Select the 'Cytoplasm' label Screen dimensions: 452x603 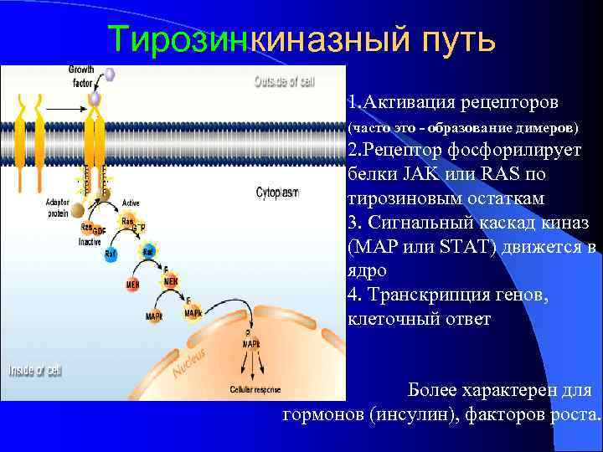276,193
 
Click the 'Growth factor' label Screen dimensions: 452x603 81,76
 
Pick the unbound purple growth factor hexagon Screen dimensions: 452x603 109,74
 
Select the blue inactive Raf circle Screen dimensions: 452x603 111,255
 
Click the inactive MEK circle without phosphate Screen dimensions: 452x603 132,285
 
